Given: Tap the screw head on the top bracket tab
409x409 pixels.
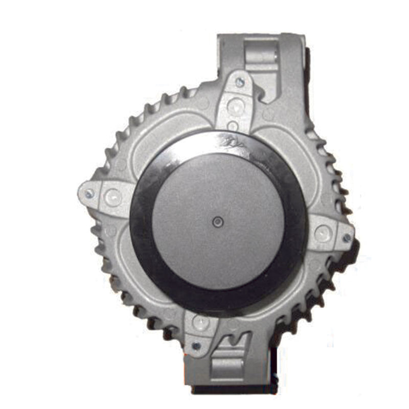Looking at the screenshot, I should [x=239, y=82].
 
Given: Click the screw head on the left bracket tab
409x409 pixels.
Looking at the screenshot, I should [x=89, y=193].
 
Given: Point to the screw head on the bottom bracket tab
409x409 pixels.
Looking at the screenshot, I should [x=196, y=346].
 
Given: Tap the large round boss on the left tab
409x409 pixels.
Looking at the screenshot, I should [x=111, y=196].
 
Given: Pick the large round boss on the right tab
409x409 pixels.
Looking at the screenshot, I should [x=322, y=234].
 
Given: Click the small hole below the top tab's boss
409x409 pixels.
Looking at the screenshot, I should [x=233, y=125].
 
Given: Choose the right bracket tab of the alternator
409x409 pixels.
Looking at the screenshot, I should [x=330, y=235].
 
